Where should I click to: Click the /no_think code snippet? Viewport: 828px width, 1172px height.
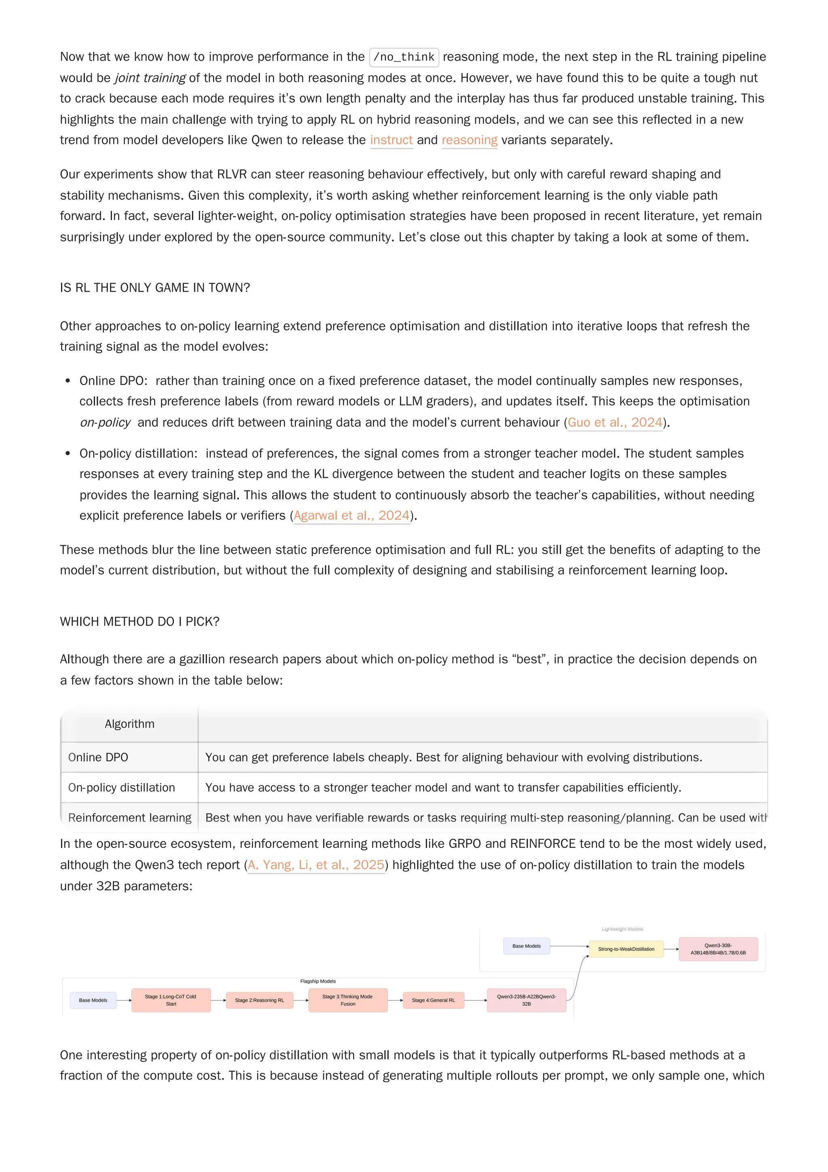403,57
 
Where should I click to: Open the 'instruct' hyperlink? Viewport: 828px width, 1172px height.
391,140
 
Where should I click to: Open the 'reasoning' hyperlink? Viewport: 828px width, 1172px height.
469,140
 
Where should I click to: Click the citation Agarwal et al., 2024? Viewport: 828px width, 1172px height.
351,515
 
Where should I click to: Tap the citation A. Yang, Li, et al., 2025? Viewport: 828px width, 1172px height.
315,865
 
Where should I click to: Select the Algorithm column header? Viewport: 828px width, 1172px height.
130,724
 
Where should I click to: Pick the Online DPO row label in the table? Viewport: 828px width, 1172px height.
98,757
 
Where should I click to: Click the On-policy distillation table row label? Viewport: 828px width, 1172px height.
121,787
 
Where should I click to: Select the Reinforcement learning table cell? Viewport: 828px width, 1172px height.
130,817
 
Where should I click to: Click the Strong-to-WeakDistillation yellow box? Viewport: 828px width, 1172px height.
626,949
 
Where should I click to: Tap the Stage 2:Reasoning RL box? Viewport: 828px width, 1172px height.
259,1000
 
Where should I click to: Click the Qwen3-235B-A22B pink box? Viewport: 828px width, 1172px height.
526,1000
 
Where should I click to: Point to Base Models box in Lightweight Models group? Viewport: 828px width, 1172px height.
526,946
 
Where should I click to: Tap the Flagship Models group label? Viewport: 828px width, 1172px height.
318,981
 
